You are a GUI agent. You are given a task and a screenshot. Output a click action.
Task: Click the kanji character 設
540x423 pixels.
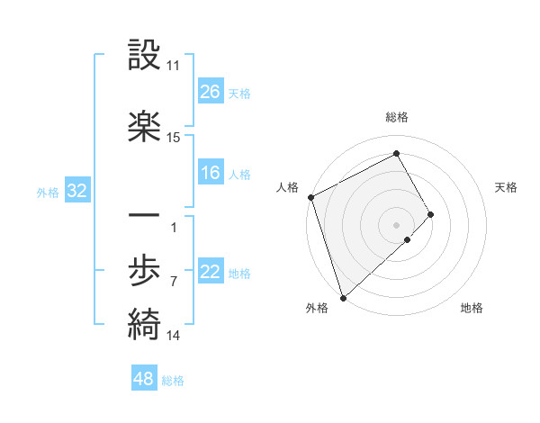pyautogui.click(x=144, y=58)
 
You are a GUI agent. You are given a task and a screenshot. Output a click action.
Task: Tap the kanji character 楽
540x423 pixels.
pyautogui.click(x=144, y=127)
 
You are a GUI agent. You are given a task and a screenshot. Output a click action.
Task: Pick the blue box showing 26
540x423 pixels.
pyautogui.click(x=210, y=91)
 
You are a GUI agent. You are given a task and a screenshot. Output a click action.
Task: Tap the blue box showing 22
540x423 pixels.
pyautogui.click(x=210, y=272)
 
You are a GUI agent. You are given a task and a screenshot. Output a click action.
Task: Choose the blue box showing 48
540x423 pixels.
pyautogui.click(x=144, y=379)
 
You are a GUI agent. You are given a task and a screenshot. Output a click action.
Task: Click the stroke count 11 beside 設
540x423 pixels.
pyautogui.click(x=173, y=67)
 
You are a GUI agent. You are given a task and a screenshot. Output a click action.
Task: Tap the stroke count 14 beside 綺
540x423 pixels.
pyautogui.click(x=173, y=336)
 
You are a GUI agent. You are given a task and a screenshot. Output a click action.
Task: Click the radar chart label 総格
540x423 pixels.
pyautogui.click(x=396, y=117)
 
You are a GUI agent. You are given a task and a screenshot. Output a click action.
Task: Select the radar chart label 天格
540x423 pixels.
pyautogui.click(x=507, y=187)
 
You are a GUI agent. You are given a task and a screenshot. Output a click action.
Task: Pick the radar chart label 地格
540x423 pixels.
pyautogui.click(x=472, y=309)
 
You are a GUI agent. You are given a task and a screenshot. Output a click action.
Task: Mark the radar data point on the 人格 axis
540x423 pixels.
pyautogui.click(x=310, y=197)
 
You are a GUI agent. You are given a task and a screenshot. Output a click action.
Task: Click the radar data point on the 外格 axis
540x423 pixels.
pyautogui.click(x=343, y=297)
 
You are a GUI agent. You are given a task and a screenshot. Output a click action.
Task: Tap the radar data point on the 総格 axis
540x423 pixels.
pyautogui.click(x=397, y=153)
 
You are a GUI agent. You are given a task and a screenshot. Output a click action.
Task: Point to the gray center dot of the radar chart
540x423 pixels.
pyautogui.click(x=397, y=224)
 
